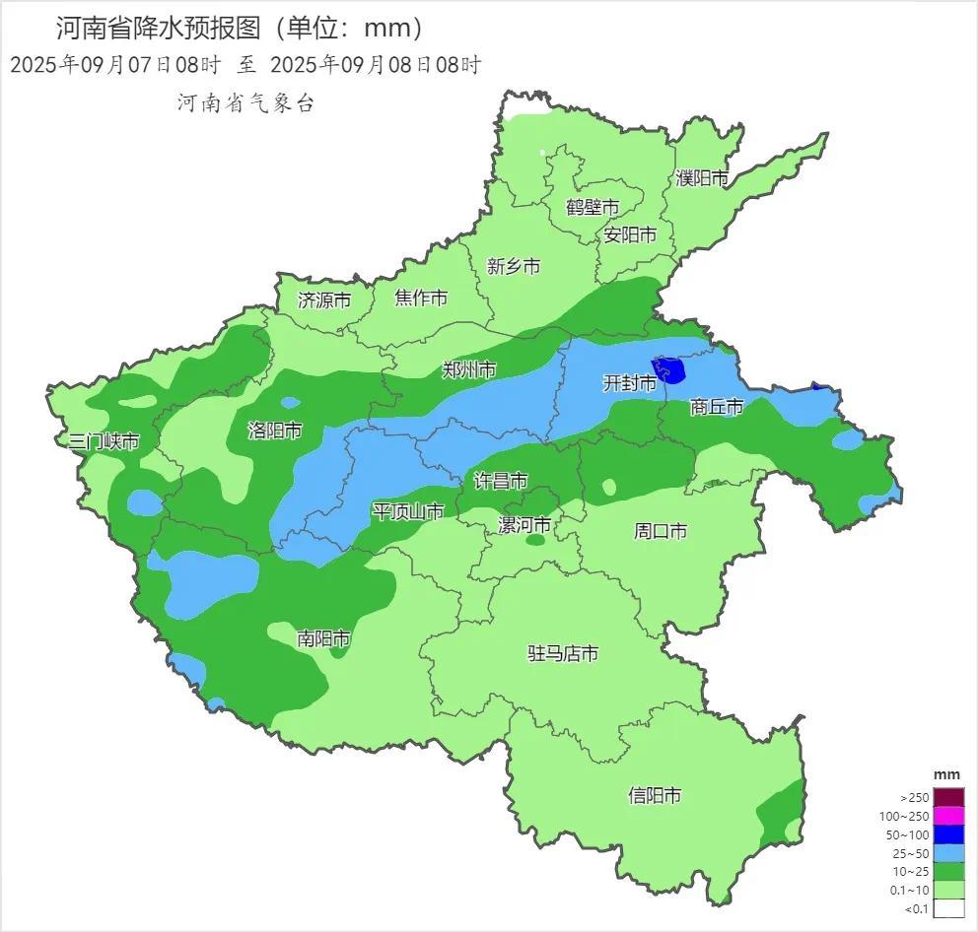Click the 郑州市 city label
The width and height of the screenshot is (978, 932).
pos(468,369)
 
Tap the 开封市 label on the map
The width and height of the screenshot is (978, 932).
pos(629,383)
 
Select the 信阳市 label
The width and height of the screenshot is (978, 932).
pos(655,795)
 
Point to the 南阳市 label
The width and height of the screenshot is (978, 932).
pos(323,639)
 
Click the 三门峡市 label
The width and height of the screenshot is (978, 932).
pos(104,441)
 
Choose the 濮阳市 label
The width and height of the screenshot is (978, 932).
pos(702,178)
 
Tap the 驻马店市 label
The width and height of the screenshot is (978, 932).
pos(563,653)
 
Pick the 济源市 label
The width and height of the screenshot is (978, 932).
pos(323,301)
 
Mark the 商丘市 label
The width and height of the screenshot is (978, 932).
pos(716,406)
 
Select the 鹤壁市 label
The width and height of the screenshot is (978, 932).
pos(593,207)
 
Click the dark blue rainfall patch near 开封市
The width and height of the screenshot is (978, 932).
pos(672,370)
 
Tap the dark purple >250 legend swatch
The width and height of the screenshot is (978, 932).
pos(947,797)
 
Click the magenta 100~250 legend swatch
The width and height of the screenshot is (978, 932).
pos(947,816)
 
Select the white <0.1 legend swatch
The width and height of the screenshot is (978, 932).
pos(947,908)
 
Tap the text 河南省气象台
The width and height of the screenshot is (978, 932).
pos(245,102)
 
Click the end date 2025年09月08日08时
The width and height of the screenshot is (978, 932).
pos(375,66)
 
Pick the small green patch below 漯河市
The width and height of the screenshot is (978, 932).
pos(536,540)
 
